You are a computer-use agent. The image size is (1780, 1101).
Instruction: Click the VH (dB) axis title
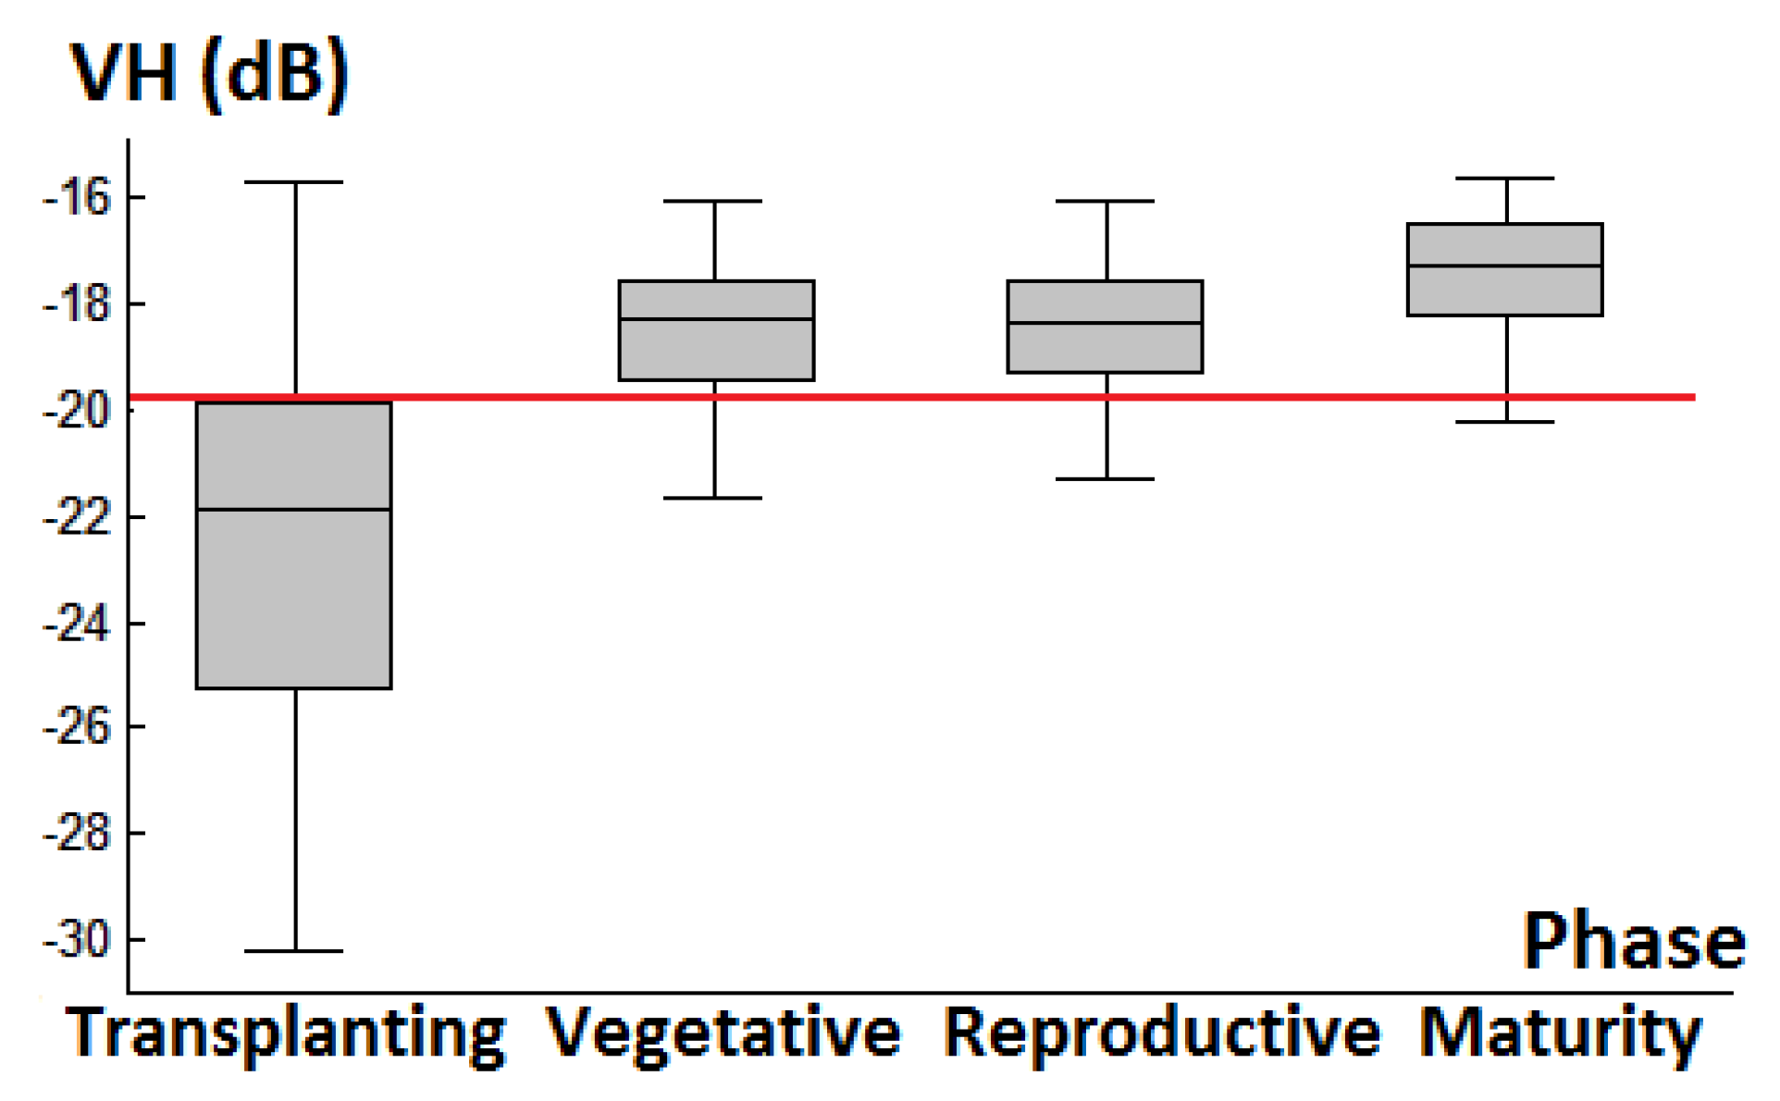coord(210,74)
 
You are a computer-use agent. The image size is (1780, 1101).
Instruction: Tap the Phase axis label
coord(1633,941)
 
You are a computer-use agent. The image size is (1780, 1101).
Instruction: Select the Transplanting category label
coord(286,1033)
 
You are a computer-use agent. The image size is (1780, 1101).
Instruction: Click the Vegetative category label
coord(723,1033)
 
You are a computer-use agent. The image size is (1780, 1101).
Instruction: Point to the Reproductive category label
coord(1161,1033)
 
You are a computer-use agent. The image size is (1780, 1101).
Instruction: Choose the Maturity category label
coord(1560,1033)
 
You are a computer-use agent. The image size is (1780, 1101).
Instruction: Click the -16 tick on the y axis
coord(76,197)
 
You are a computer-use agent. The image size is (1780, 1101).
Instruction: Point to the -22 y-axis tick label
coord(76,517)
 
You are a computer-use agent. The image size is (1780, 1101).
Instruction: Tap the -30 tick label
coord(76,940)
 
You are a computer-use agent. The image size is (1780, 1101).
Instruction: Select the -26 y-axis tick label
coord(76,727)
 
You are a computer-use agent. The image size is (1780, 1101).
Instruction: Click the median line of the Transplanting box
coord(294,510)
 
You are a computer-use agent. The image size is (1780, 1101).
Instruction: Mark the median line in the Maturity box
coord(1505,266)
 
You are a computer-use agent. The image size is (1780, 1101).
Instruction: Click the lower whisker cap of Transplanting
coord(294,951)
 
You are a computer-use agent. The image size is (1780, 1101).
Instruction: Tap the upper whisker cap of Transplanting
coord(294,182)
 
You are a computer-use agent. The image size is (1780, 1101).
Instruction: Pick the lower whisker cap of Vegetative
coord(713,499)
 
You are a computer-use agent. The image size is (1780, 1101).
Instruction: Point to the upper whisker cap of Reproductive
coord(1106,201)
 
